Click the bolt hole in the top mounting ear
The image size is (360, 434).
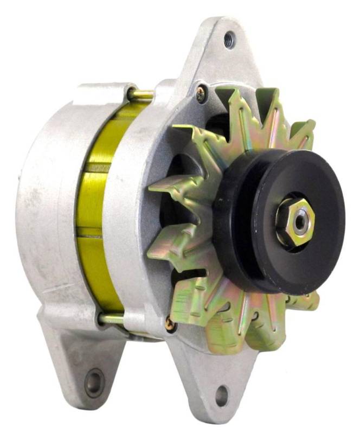[229, 39]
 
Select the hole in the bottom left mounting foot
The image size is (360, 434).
[94, 383]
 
